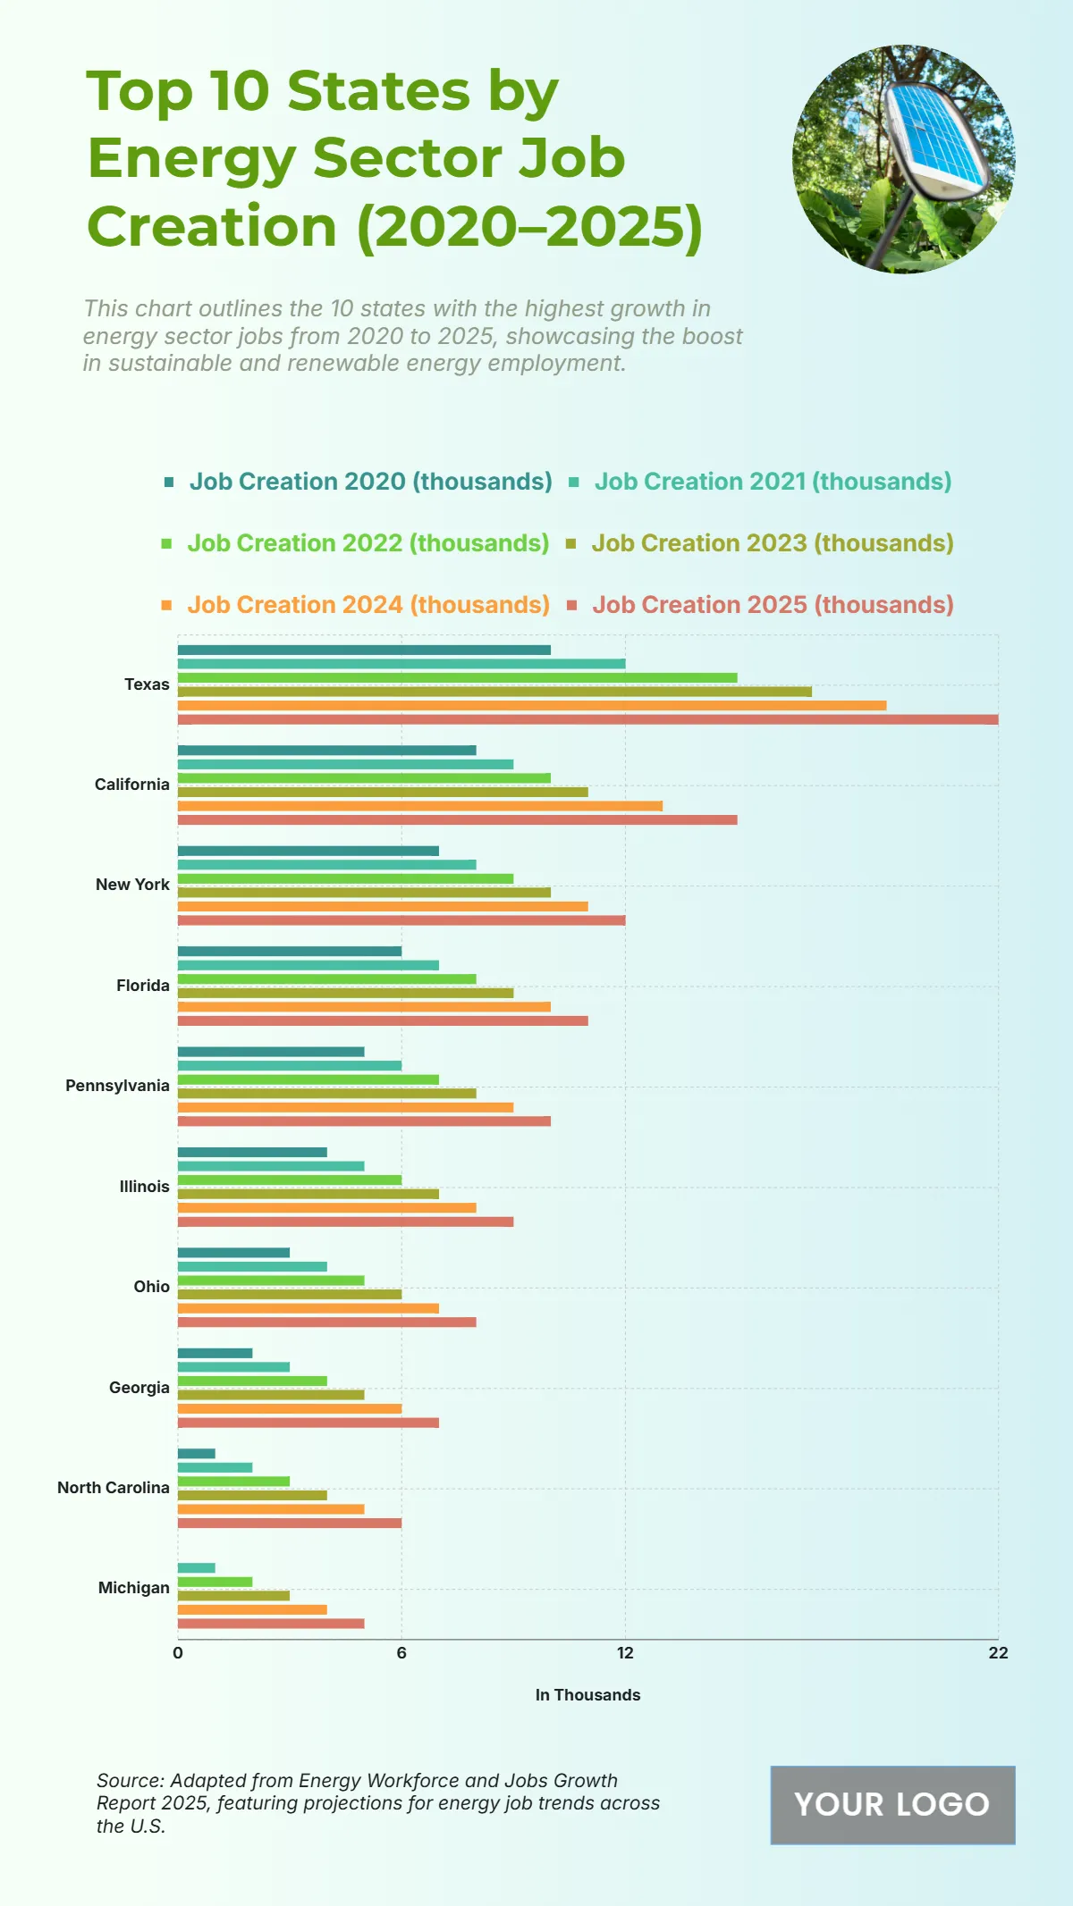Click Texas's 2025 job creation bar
pyautogui.click(x=587, y=719)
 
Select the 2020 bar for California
pyautogui.click(x=326, y=751)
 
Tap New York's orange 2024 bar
pyautogui.click(x=383, y=906)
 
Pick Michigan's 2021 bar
pyautogui.click(x=197, y=1568)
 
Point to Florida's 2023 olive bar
pyautogui.click(x=345, y=993)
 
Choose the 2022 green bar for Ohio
pyautogui.click(x=271, y=1280)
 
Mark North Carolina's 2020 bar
pyautogui.click(x=197, y=1454)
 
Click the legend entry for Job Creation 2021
pyautogui.click(x=772, y=482)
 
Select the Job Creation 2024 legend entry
pyautogui.click(x=368, y=605)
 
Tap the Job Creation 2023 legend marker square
pyautogui.click(x=571, y=543)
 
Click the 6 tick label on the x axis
pyautogui.click(x=401, y=1653)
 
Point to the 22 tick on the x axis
pyautogui.click(x=998, y=1653)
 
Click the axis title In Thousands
pyautogui.click(x=587, y=1695)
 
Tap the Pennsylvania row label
pyautogui.click(x=117, y=1086)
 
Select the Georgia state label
pyautogui.click(x=139, y=1388)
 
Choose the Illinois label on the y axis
pyautogui.click(x=144, y=1187)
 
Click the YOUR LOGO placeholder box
pyautogui.click(x=892, y=1805)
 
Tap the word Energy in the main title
pyautogui.click(x=191, y=159)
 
